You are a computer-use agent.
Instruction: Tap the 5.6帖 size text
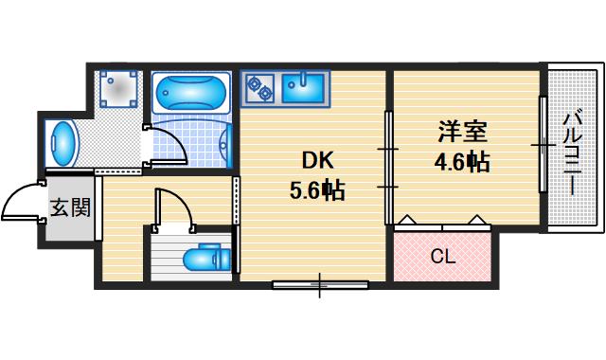coord(316,190)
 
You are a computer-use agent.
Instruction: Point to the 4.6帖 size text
coord(461,161)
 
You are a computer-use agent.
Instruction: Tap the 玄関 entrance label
coord(70,206)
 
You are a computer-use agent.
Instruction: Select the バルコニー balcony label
coord(572,152)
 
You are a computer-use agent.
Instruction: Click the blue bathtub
coord(190,94)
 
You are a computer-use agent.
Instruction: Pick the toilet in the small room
coord(204,258)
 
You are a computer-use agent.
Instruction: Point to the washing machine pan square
coord(120,88)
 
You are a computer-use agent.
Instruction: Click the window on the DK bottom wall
coord(319,281)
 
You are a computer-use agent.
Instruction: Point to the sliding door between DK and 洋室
coord(388,168)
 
